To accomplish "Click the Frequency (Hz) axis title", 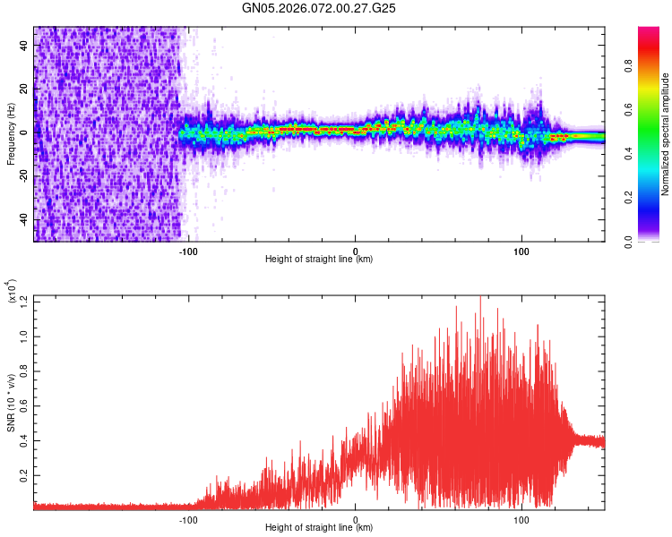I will [x=11, y=134].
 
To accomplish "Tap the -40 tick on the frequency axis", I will [x=24, y=220].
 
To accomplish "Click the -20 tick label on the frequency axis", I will [x=24, y=176].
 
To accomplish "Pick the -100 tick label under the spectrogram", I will [x=188, y=251].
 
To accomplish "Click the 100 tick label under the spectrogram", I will [x=521, y=251].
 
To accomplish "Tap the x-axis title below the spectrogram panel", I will [x=319, y=260].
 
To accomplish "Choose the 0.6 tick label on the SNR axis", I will [x=23, y=405].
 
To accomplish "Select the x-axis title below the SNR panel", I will [x=319, y=528].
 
